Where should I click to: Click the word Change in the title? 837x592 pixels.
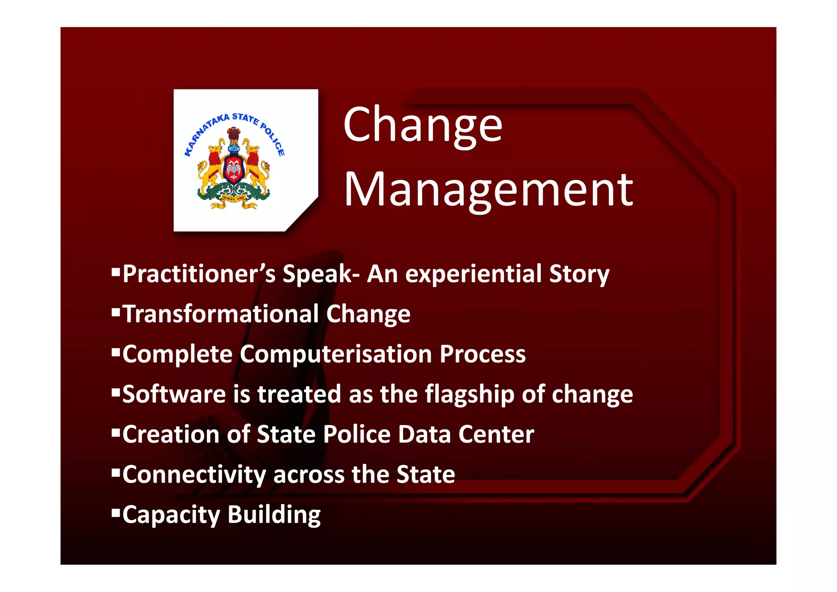pyautogui.click(x=423, y=124)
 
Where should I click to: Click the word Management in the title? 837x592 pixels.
pyautogui.click(x=488, y=190)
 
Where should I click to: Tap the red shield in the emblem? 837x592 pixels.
pyautogui.click(x=234, y=169)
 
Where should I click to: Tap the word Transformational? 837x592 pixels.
pyautogui.click(x=221, y=314)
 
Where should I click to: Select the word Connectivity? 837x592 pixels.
pyautogui.click(x=194, y=474)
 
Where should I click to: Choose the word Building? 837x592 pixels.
pyautogui.click(x=274, y=514)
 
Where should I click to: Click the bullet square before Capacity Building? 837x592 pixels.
pyautogui.click(x=116, y=512)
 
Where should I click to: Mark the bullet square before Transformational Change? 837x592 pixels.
pyautogui.click(x=116, y=311)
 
